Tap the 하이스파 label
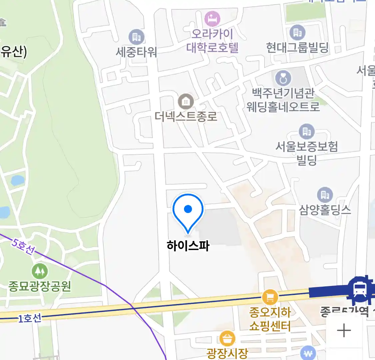tap(188, 246)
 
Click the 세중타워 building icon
tap(136, 37)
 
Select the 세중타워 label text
tap(136, 52)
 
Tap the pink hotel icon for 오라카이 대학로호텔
tap(212, 19)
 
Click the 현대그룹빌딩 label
tap(297, 47)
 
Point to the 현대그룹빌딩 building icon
tap(297, 33)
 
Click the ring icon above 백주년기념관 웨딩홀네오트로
tap(283, 79)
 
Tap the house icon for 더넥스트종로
tap(186, 101)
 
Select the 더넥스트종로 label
tap(186, 116)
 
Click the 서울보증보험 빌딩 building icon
tap(306, 132)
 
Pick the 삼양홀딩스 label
tap(325, 210)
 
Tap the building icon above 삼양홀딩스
tap(325, 194)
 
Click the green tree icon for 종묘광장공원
tap(40, 271)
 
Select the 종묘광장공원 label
tap(40, 286)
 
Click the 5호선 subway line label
tap(23, 246)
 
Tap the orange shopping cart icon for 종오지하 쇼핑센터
tap(270, 297)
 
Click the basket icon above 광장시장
tap(227, 339)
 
